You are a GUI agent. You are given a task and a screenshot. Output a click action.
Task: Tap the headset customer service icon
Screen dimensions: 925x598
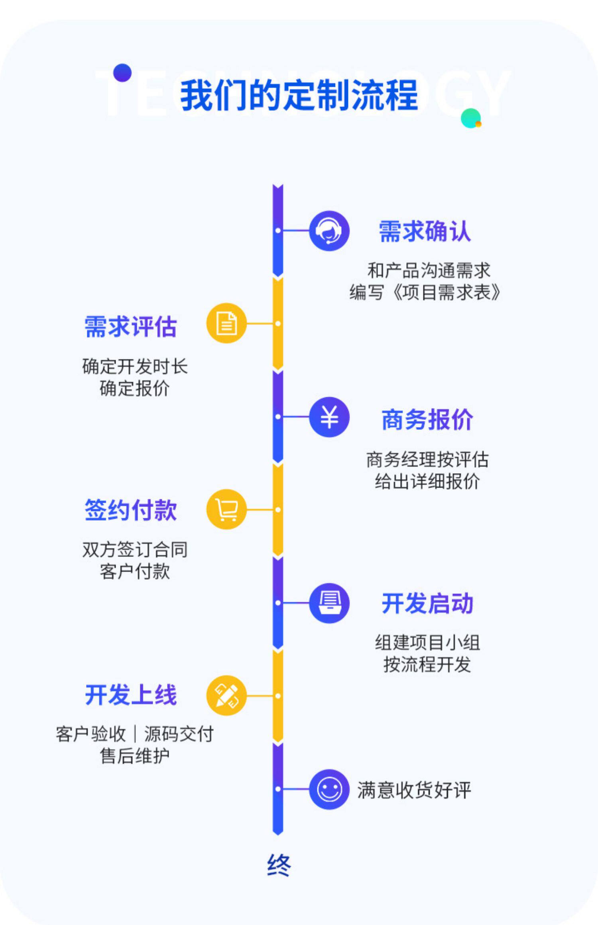(x=329, y=231)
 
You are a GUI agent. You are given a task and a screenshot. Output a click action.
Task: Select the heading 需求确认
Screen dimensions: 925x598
(x=425, y=231)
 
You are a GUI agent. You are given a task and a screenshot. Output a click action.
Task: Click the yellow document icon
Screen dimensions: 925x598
(x=226, y=323)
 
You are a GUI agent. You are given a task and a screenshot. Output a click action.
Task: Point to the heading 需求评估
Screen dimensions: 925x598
(x=130, y=327)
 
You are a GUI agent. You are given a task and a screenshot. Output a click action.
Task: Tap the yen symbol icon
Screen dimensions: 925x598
(x=329, y=417)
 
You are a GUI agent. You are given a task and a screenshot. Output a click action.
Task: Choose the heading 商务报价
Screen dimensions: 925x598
(x=427, y=419)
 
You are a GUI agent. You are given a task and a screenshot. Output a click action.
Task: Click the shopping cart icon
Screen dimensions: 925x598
(x=226, y=509)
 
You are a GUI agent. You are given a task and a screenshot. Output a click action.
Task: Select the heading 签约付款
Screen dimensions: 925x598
(x=130, y=510)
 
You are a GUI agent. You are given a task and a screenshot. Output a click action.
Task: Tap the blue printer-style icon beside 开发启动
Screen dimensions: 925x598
(x=329, y=603)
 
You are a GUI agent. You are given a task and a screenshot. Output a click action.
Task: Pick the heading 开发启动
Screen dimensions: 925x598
(x=427, y=603)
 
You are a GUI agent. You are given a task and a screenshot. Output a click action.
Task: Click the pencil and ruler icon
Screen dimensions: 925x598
(x=226, y=696)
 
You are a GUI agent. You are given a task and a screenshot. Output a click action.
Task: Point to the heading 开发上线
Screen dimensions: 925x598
(x=130, y=695)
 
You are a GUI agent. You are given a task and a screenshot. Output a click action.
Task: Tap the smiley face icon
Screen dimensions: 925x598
(x=329, y=789)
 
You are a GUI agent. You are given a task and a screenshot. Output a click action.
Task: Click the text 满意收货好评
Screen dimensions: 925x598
(x=414, y=790)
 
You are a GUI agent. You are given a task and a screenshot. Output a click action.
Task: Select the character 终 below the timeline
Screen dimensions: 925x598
(x=279, y=865)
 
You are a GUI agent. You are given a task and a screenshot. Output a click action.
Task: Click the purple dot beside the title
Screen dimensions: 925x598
(x=122, y=73)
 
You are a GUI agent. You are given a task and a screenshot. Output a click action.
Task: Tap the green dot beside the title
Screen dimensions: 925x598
(x=471, y=118)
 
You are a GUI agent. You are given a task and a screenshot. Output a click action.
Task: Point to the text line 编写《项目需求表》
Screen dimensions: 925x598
(x=425, y=292)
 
